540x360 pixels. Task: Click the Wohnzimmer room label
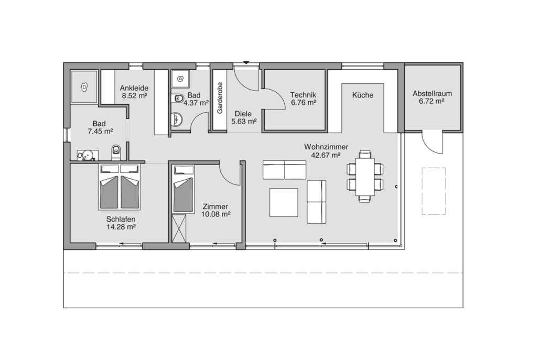326,151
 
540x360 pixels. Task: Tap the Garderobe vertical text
220,98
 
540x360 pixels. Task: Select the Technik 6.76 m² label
303,99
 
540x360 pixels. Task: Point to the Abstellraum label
432,97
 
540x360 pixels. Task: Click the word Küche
363,95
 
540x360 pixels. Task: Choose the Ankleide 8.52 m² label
134,92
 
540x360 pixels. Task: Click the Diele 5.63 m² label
243,117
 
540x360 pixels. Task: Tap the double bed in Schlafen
119,187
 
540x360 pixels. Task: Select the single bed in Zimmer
183,189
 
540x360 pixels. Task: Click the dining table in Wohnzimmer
365,176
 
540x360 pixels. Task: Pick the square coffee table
284,202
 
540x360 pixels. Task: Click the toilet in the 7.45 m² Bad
116,152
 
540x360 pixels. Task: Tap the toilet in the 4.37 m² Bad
178,99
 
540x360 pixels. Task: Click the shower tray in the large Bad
84,87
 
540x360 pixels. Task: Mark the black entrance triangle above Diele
246,63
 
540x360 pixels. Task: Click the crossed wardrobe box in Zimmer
179,228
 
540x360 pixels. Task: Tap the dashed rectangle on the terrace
434,191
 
